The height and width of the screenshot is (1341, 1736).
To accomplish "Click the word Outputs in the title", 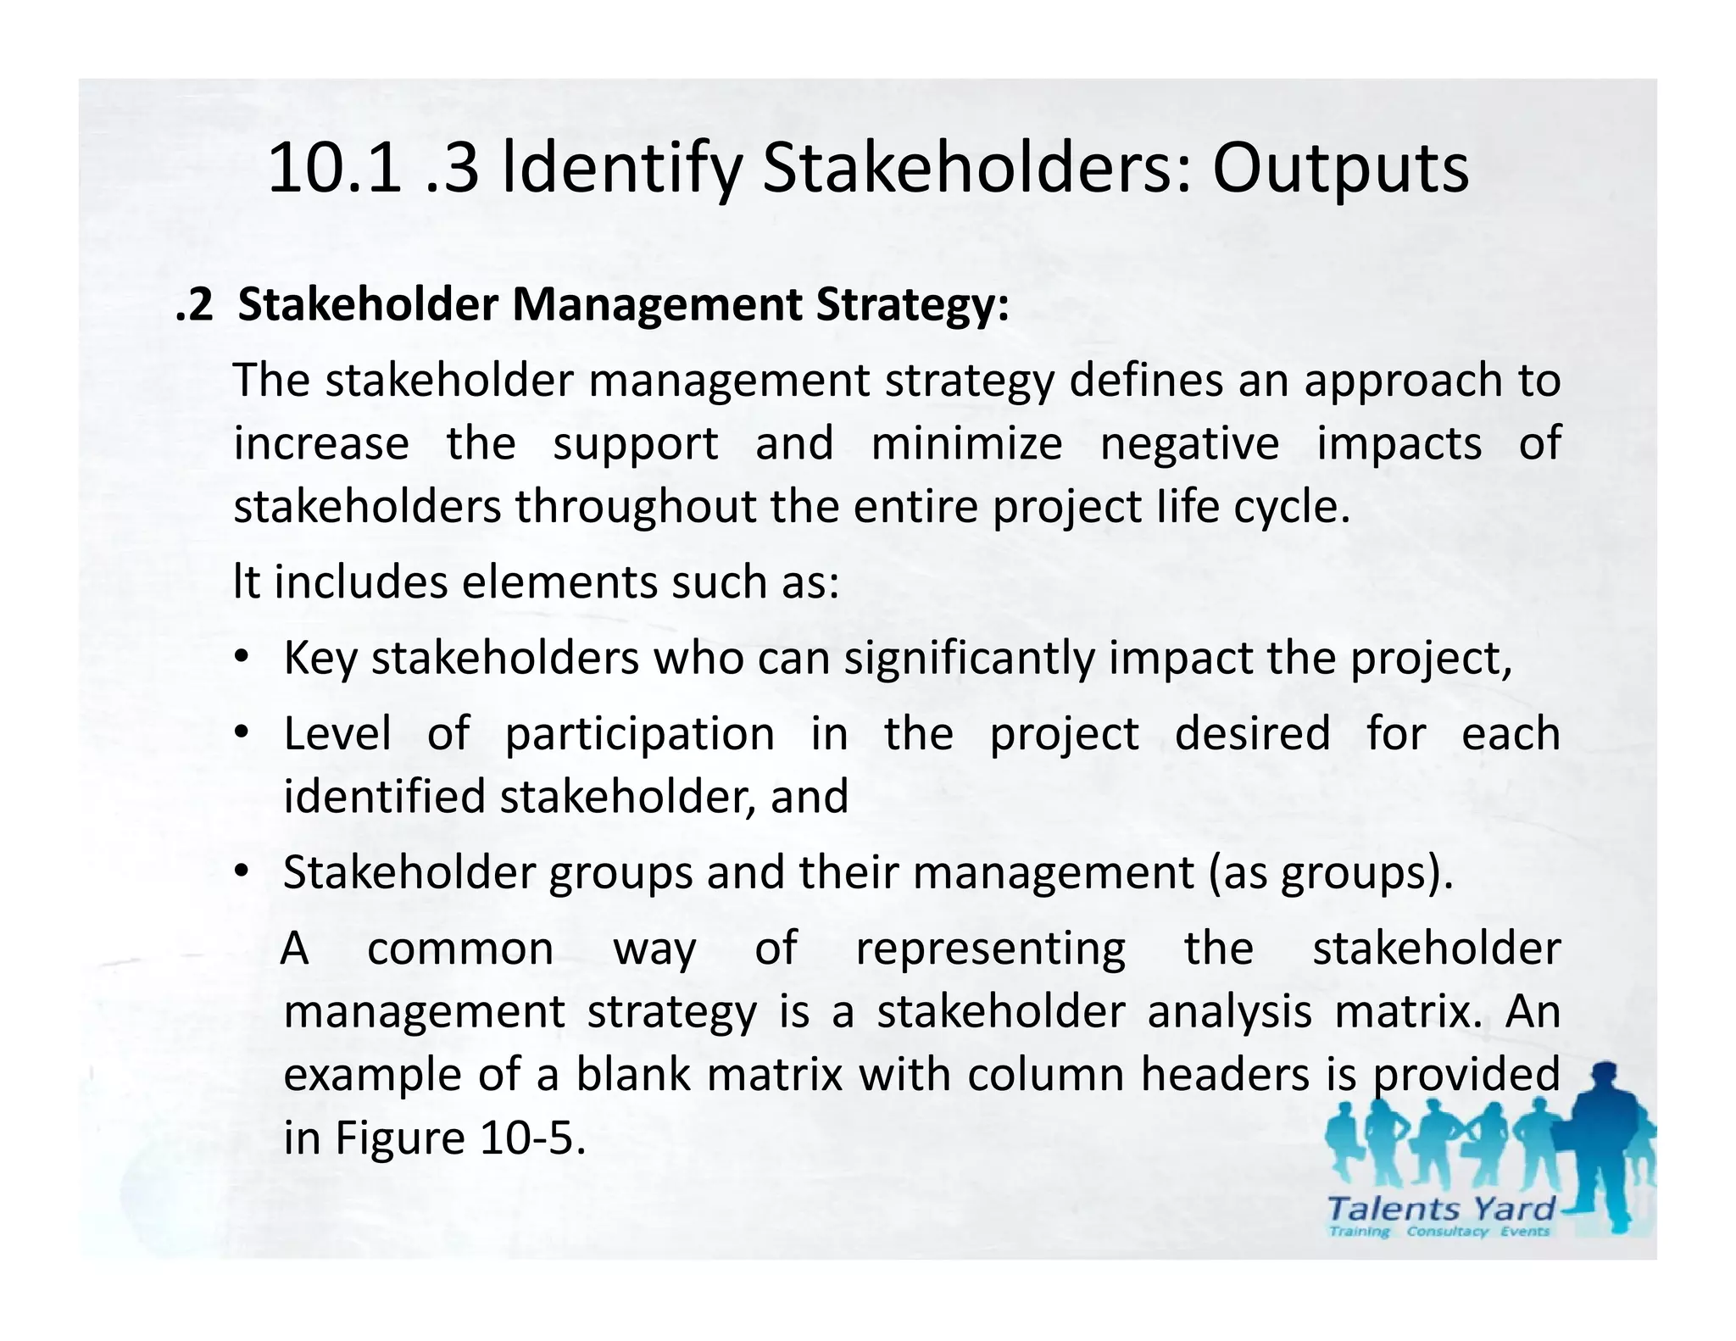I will [1340, 170].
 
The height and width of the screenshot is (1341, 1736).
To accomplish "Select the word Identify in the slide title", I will [622, 170].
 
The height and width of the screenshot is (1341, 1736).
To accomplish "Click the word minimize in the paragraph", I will [966, 443].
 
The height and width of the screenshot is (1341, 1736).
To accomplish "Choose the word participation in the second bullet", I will [640, 734].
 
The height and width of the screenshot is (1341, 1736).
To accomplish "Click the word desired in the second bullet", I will [1252, 733].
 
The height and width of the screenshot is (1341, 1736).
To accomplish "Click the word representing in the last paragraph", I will [990, 948].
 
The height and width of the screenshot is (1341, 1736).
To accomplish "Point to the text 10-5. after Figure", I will [532, 1138].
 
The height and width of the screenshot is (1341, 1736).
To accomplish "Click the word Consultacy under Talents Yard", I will [1447, 1232].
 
